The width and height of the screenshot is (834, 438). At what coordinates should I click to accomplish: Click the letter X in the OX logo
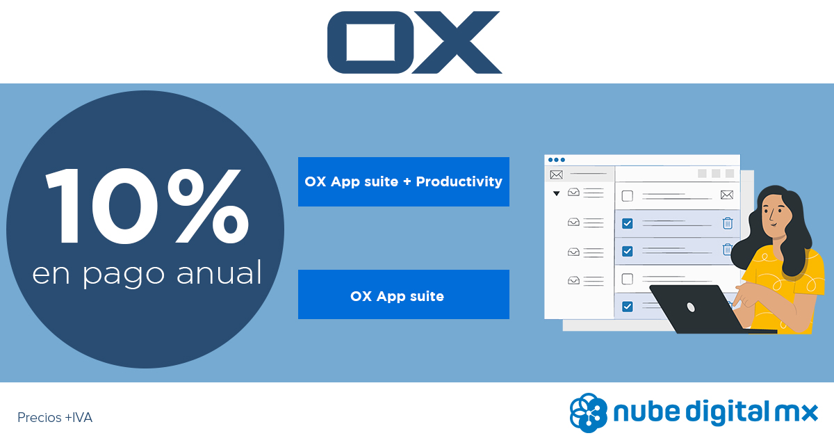click(x=457, y=42)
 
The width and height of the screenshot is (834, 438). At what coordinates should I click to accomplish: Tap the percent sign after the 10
click(x=208, y=206)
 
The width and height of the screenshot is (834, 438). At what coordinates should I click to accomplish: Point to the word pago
click(x=123, y=275)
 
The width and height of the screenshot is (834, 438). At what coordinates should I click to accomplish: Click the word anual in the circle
click(x=219, y=273)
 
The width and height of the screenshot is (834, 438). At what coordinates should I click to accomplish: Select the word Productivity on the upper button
click(x=459, y=181)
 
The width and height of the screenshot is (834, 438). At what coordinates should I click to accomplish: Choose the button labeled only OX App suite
click(x=404, y=294)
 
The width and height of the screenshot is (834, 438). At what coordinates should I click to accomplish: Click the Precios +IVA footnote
click(x=55, y=418)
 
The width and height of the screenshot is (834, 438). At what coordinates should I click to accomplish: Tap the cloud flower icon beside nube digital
click(x=588, y=413)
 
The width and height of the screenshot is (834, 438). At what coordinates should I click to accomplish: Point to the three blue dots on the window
click(x=557, y=160)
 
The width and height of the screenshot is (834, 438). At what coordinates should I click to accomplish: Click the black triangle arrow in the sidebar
click(x=556, y=193)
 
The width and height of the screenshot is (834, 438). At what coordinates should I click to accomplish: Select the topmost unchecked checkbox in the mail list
click(x=628, y=195)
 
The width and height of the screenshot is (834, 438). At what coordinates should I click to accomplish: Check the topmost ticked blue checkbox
click(x=628, y=223)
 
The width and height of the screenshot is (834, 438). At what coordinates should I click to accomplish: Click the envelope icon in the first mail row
click(x=727, y=195)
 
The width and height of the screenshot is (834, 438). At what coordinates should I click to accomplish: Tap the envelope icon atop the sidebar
click(x=556, y=175)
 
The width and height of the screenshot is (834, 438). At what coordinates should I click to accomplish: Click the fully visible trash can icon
click(x=728, y=223)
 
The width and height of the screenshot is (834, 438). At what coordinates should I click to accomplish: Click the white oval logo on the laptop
click(x=691, y=307)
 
